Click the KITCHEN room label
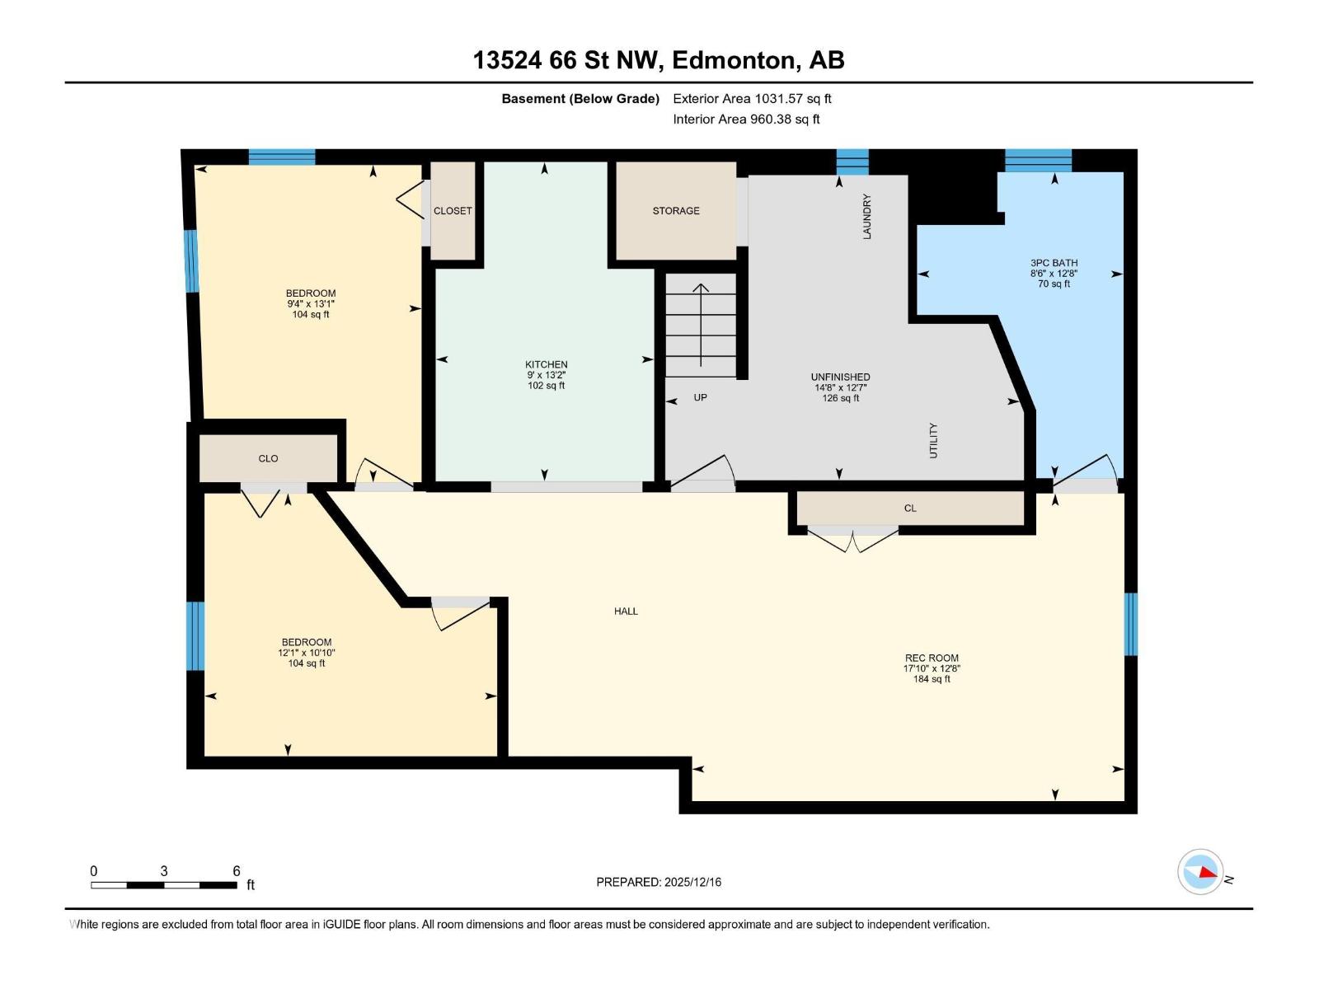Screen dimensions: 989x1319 pos(546,364)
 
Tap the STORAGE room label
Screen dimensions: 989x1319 pos(676,211)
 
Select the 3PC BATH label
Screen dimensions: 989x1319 pos(1054,263)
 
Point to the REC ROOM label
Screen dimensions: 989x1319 pos(932,659)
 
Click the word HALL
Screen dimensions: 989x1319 pos(626,612)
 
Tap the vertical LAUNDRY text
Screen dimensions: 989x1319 pos(866,217)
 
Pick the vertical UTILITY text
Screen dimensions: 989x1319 pos(933,441)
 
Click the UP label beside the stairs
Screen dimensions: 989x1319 pos(700,397)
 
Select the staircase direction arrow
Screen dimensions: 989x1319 pos(701,325)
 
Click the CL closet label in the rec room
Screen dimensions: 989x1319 pos(910,509)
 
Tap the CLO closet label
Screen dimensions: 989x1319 pos(268,459)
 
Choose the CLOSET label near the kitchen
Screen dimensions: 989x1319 pos(453,211)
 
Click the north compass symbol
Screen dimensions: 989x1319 pos(1200,872)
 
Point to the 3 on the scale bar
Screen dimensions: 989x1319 pos(164,871)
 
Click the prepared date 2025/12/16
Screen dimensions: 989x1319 pos(691,882)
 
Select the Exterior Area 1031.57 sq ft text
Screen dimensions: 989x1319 pos(752,99)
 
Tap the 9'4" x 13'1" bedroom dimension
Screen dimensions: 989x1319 pos(311,304)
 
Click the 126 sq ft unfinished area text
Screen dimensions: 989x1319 pos(840,398)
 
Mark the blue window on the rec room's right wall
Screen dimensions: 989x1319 pos(1131,624)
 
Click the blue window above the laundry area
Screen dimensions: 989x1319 pos(852,162)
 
